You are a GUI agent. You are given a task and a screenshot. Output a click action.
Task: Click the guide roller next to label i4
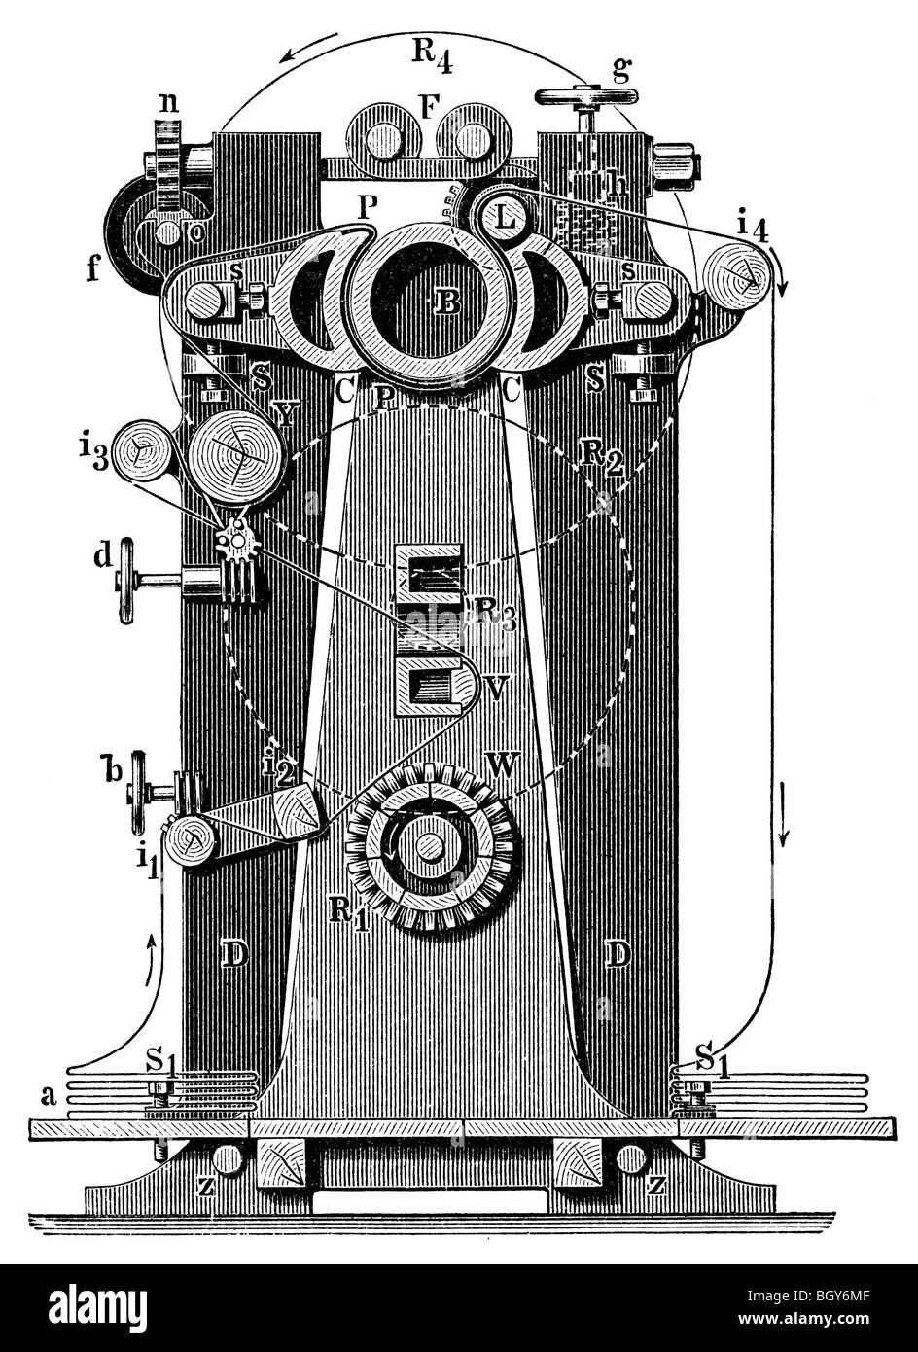point(741,276)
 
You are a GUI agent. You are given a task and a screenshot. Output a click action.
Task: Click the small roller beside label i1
point(189,840)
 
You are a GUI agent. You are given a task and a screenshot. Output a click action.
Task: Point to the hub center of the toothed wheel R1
point(429,846)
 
